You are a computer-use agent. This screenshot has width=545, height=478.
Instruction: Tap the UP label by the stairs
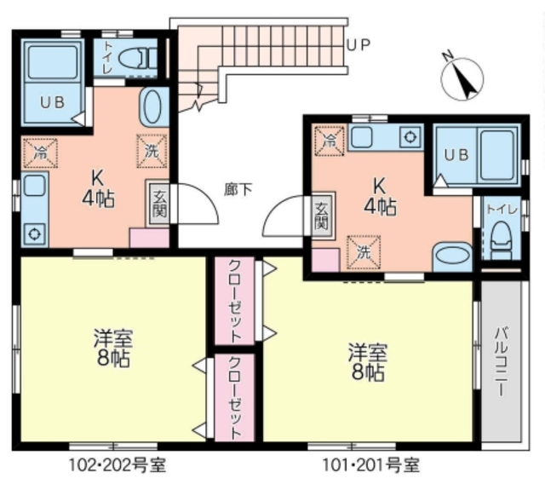tap(358, 45)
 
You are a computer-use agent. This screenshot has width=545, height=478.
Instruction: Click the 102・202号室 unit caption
tap(117, 464)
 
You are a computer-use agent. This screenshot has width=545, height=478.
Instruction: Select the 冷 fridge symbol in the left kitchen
tap(40, 153)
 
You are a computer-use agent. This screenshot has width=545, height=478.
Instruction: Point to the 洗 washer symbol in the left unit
tap(150, 150)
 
